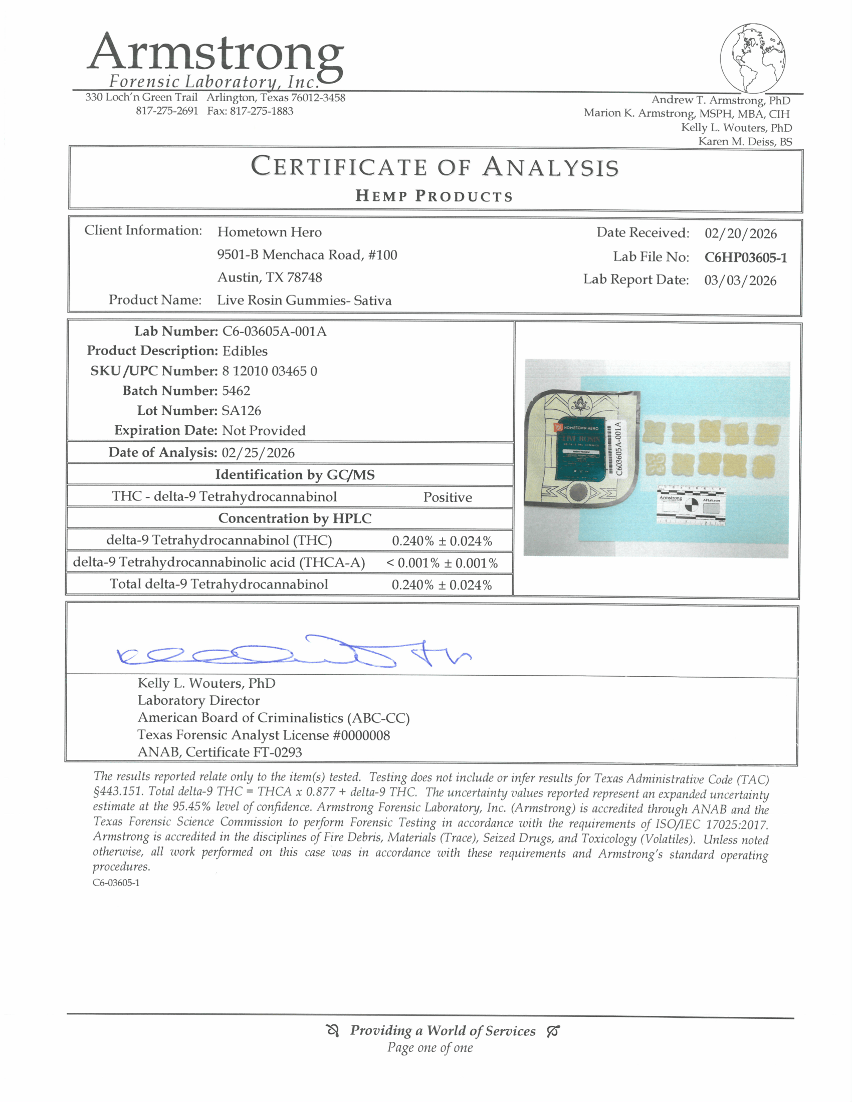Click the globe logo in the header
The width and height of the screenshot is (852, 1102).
[x=753, y=58]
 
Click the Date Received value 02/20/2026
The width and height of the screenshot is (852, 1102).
[x=740, y=233]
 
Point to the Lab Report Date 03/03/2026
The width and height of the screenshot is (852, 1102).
[x=740, y=281]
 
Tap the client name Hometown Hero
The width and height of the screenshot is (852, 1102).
[x=269, y=232]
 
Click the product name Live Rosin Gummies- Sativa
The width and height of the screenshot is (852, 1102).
[x=304, y=300]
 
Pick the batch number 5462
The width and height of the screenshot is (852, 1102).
[x=236, y=391]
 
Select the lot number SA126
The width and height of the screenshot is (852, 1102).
[x=241, y=411]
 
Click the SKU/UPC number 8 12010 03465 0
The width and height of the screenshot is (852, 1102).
[x=270, y=371]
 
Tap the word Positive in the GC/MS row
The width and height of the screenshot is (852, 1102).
[x=447, y=497]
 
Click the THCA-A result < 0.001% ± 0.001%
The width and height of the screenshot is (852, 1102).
[x=442, y=563]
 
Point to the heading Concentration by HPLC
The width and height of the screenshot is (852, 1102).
[x=294, y=519]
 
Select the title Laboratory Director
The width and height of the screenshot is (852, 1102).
[x=198, y=700]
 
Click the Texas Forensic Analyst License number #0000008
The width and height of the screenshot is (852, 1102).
[x=361, y=735]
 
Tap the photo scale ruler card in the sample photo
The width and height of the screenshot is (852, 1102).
[x=691, y=505]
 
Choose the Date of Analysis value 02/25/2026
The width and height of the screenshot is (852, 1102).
[x=258, y=453]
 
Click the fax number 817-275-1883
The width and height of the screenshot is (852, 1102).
[x=262, y=111]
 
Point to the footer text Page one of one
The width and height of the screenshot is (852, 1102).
[x=430, y=1048]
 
